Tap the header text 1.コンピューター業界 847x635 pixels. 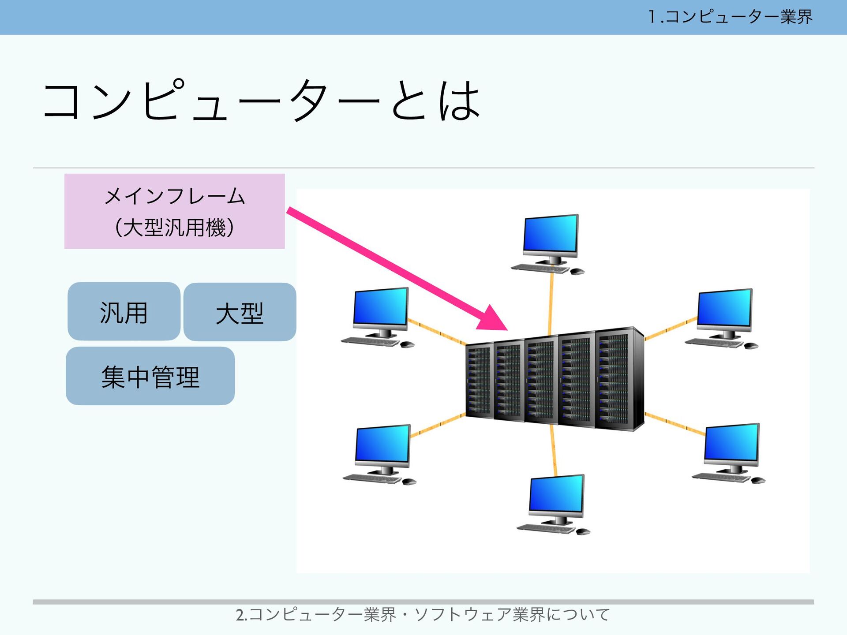(x=730, y=17)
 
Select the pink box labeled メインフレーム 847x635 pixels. (x=175, y=211)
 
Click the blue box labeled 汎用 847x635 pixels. (x=124, y=312)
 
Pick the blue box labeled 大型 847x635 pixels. (x=240, y=312)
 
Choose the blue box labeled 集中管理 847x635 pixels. (x=150, y=376)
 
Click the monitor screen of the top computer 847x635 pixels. (x=551, y=233)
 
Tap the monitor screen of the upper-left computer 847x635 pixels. (x=381, y=306)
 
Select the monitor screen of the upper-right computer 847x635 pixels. (x=724, y=307)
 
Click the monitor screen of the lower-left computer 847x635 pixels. (x=382, y=444)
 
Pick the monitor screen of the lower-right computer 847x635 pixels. (x=732, y=442)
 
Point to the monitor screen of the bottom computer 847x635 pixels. (x=557, y=493)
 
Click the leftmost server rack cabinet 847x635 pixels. (x=479, y=381)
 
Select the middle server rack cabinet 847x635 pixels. (x=541, y=380)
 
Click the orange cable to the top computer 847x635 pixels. (x=551, y=304)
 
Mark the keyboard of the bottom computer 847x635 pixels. (x=546, y=528)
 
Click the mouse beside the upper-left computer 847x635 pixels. (x=407, y=344)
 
